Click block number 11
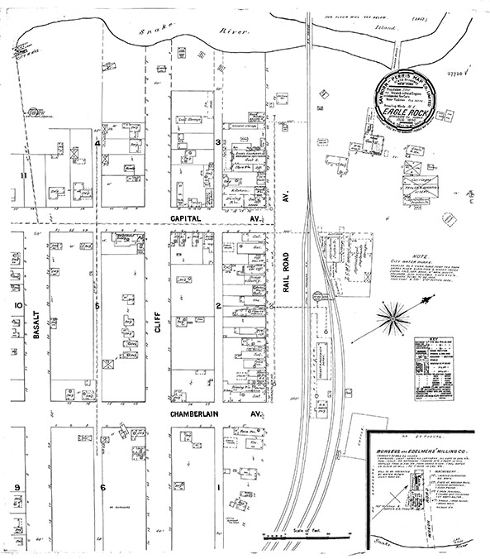point(24,175)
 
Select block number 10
point(17,304)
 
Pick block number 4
point(97,143)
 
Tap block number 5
point(97,305)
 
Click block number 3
point(217,142)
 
